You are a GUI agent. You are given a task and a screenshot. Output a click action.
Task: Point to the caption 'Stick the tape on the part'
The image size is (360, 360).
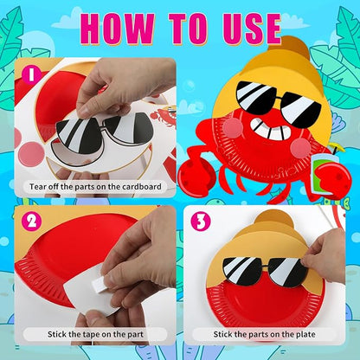coord(92,333)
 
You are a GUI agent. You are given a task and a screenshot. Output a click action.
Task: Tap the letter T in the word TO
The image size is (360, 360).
coord(176,29)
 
